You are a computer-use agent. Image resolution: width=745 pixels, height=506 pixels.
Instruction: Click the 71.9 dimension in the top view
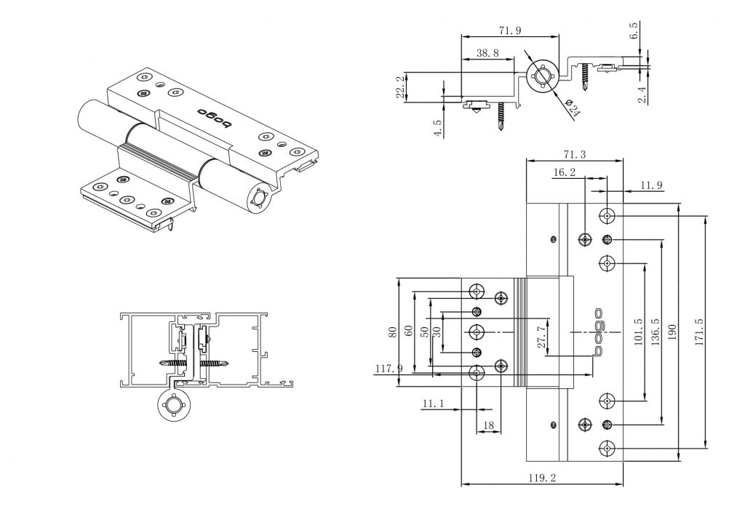pyautogui.click(x=509, y=31)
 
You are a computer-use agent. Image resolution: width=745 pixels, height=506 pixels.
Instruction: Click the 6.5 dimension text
pyautogui.click(x=634, y=31)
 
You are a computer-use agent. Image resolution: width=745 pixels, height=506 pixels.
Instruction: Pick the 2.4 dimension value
pyautogui.click(x=642, y=94)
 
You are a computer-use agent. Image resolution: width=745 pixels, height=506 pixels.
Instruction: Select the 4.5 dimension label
pyautogui.click(x=437, y=125)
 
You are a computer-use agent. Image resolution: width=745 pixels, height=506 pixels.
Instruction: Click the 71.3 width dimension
pyautogui.click(x=575, y=154)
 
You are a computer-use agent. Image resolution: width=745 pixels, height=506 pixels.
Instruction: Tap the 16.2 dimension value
pyautogui.click(x=565, y=173)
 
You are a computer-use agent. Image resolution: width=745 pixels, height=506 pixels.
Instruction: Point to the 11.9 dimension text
pyautogui.click(x=651, y=186)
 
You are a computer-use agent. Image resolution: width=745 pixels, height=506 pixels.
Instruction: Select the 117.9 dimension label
pyautogui.click(x=389, y=369)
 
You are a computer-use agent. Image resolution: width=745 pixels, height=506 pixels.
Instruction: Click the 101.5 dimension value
pyautogui.click(x=638, y=332)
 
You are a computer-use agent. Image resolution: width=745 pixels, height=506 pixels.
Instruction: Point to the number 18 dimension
pyautogui.click(x=488, y=425)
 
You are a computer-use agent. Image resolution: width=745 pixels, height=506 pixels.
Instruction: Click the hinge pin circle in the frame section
pyautogui.click(x=175, y=406)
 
